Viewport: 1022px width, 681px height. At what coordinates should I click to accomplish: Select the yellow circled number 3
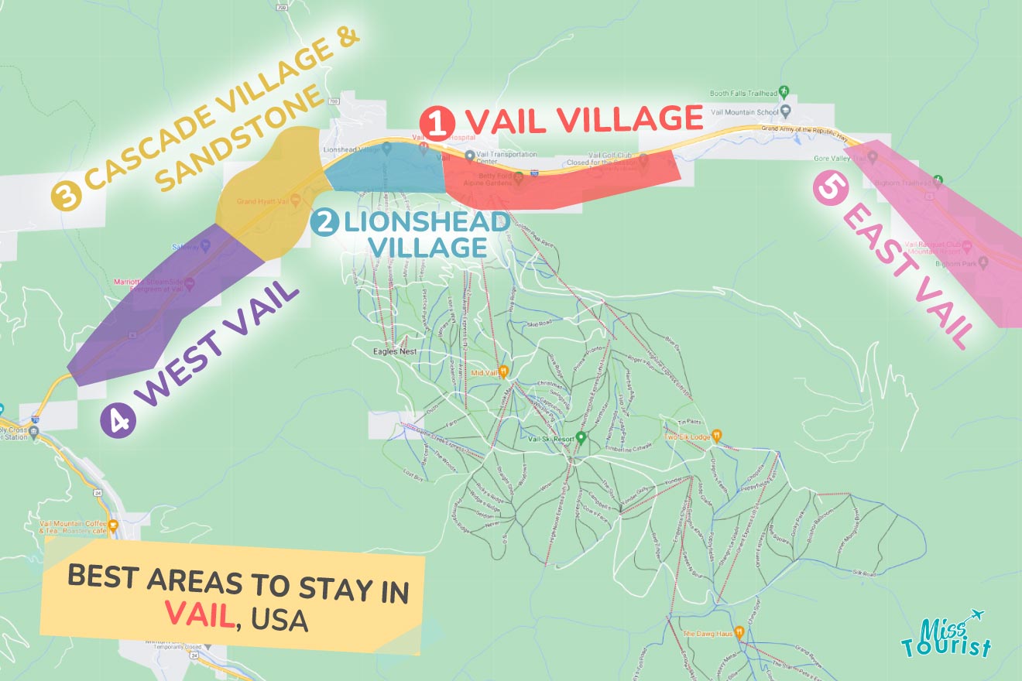click(67, 196)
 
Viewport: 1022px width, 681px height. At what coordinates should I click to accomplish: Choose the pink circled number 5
click(829, 190)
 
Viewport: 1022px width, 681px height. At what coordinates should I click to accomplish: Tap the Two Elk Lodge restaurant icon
click(717, 436)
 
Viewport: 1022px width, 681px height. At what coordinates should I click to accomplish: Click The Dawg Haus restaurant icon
click(739, 632)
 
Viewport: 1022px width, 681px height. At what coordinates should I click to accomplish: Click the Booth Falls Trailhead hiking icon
click(784, 91)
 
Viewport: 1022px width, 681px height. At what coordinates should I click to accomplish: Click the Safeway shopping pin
click(205, 247)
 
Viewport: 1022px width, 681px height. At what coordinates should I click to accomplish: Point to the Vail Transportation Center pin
click(469, 156)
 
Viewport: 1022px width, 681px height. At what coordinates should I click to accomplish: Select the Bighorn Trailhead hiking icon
click(938, 180)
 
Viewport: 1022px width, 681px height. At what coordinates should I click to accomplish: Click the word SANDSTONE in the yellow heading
click(240, 139)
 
